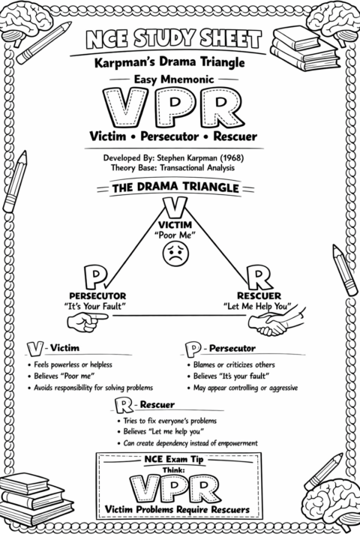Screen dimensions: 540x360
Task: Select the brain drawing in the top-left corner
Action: (x=25, y=22)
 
